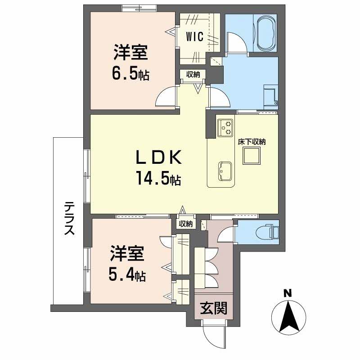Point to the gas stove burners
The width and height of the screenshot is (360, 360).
click(226, 127)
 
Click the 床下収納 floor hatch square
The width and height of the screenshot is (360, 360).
click(251, 156)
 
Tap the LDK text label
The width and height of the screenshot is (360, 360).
click(159, 158)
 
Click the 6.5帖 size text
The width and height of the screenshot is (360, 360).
click(131, 73)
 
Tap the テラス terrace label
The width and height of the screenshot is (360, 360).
click(69, 218)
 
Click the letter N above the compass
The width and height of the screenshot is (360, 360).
click(287, 293)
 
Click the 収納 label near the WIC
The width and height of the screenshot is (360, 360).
click(193, 75)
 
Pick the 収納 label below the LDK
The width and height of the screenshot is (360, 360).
click(186, 224)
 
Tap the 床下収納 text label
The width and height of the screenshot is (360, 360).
click(252, 142)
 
